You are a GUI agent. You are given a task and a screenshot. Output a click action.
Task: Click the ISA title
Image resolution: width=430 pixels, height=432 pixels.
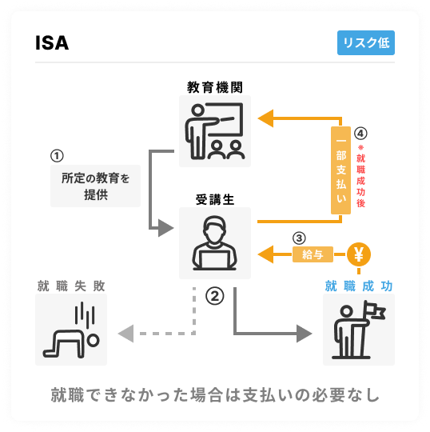pyautogui.click(x=52, y=43)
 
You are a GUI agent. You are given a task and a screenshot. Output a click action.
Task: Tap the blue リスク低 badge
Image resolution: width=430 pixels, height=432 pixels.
pyautogui.click(x=366, y=42)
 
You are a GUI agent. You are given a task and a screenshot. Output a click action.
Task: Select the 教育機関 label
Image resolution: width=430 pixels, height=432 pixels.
pyautogui.click(x=215, y=87)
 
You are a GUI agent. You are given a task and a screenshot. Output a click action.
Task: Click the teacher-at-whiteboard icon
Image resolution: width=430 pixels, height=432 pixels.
pyautogui.click(x=215, y=131)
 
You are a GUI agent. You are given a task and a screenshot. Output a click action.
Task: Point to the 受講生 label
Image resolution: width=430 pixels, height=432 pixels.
pyautogui.click(x=215, y=199)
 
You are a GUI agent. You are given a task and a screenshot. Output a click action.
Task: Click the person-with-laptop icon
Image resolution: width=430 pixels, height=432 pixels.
pyautogui.click(x=215, y=243)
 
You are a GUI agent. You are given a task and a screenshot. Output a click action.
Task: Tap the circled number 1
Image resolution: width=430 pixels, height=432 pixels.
pyautogui.click(x=57, y=156)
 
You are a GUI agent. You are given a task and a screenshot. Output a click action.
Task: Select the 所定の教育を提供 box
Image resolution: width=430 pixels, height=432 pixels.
pyautogui.click(x=96, y=186)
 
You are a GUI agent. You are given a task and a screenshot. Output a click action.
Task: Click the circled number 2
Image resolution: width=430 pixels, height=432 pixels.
pyautogui.click(x=215, y=296)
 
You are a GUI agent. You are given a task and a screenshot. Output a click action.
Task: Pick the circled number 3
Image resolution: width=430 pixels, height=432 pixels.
pyautogui.click(x=299, y=238)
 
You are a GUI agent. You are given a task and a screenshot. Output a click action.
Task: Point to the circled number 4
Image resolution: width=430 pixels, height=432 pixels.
pyautogui.click(x=360, y=134)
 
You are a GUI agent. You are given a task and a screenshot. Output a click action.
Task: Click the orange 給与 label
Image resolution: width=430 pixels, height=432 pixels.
pyautogui.click(x=313, y=254)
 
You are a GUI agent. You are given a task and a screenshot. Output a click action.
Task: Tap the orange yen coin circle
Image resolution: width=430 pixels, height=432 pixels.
pyautogui.click(x=359, y=254)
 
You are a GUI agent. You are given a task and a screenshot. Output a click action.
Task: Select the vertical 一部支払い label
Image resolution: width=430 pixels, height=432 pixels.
pyautogui.click(x=340, y=170)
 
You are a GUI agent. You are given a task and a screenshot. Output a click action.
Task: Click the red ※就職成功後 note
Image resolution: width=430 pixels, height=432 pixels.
pyautogui.click(x=360, y=176)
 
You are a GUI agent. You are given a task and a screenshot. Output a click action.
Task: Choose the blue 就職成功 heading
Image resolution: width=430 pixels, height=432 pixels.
pyautogui.click(x=359, y=286)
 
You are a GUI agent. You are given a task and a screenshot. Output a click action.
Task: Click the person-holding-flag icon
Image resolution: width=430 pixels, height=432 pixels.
pyautogui.click(x=359, y=330)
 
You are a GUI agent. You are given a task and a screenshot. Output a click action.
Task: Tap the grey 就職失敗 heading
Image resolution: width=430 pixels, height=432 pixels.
pyautogui.click(x=71, y=286)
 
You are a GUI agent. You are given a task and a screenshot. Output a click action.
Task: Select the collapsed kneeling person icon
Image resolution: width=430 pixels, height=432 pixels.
pyautogui.click(x=71, y=330)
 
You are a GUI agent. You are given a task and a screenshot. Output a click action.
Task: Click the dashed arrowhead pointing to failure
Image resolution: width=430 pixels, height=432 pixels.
pyautogui.click(x=125, y=334)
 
